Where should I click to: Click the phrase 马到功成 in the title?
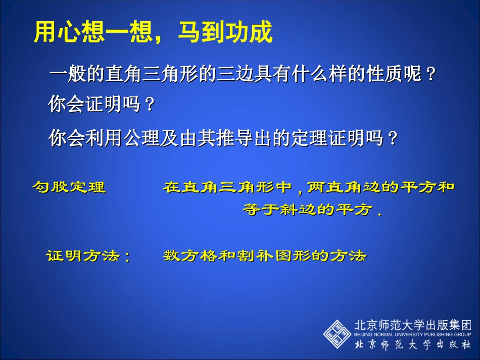coord(225,33)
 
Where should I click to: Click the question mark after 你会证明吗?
coord(149,105)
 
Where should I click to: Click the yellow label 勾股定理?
coord(69,188)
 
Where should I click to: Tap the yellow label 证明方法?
coord(83,256)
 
